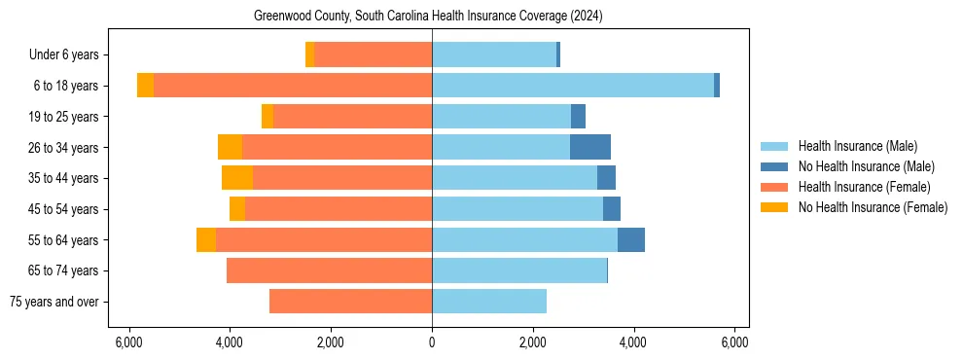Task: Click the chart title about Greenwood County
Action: tap(429, 17)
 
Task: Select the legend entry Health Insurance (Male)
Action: tap(857, 146)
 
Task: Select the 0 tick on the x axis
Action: tap(432, 342)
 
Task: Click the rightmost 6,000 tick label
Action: tap(734, 342)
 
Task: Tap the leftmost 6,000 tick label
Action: tap(128, 342)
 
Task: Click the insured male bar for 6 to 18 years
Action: tap(573, 86)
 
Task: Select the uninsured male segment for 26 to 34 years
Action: tap(590, 147)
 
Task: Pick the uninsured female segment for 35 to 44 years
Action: tap(237, 178)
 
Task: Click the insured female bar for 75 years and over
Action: tap(350, 302)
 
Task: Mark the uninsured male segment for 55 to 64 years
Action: tap(631, 239)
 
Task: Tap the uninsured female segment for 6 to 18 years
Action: tap(145, 86)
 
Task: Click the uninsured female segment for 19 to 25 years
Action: tap(267, 117)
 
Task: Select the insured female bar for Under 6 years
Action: tap(373, 54)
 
